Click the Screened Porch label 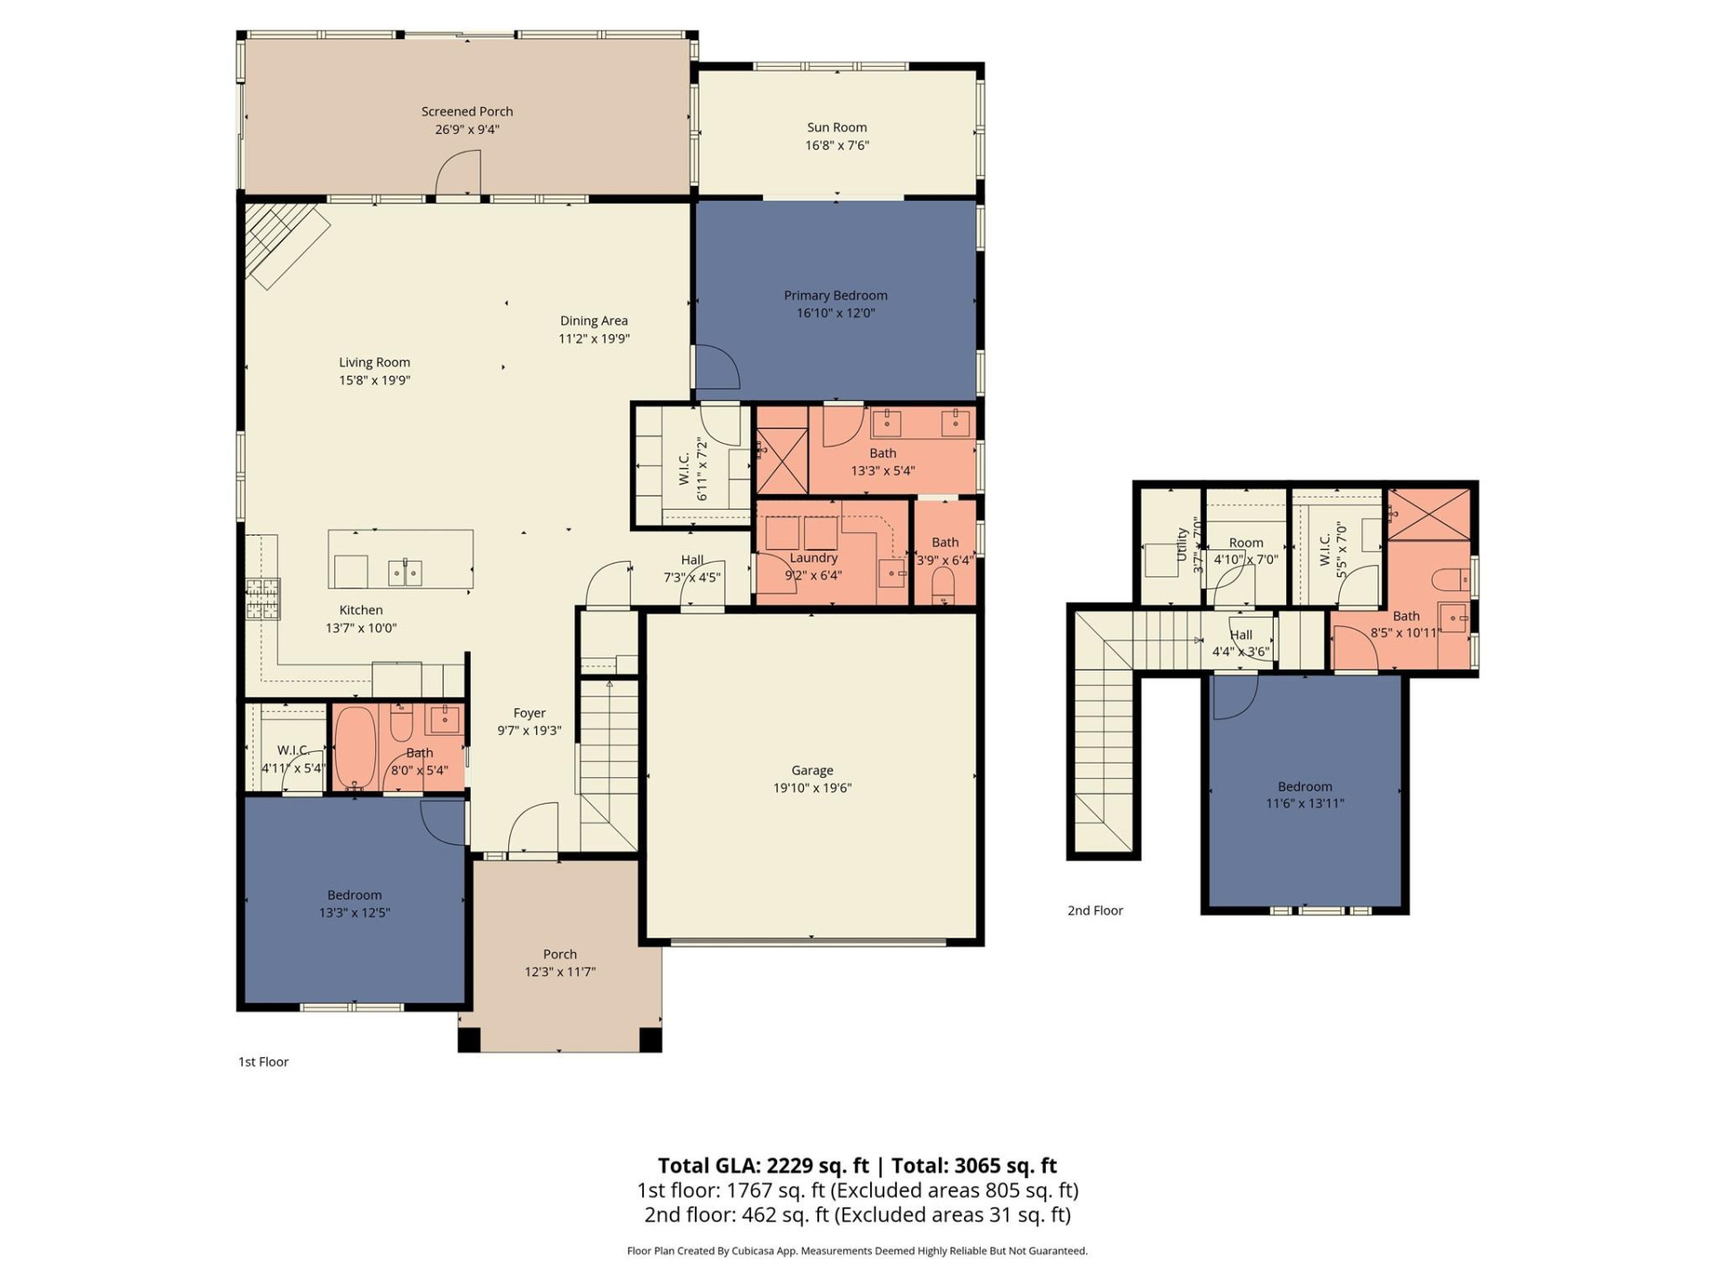(x=467, y=112)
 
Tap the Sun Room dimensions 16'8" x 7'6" (x=837, y=146)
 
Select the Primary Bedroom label (x=835, y=296)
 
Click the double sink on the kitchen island (x=405, y=572)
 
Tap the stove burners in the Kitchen (x=264, y=598)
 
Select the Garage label (x=812, y=771)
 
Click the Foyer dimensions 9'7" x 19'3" (x=529, y=731)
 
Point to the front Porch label (x=560, y=955)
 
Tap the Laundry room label (x=813, y=558)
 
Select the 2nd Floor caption (x=1095, y=911)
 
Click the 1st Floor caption (x=264, y=1062)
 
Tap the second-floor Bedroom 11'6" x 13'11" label (x=1304, y=787)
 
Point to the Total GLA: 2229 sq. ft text (x=763, y=1165)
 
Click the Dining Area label (x=594, y=321)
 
